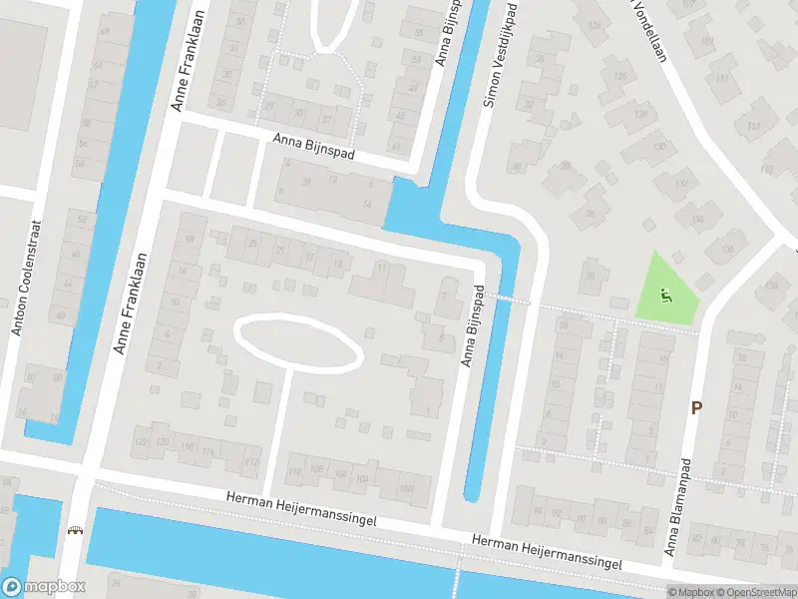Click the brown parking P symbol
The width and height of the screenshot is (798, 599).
pos(696,407)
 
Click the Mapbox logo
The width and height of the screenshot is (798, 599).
pos(43,587)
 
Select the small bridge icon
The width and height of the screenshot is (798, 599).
pos(74,530)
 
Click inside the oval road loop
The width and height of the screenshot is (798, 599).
pos(296,342)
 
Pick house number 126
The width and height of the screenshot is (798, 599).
pos(621,77)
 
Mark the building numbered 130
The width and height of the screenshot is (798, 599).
pos(657,148)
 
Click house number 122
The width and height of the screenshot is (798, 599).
pos(140,442)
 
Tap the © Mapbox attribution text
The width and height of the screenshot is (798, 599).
pos(689,592)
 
